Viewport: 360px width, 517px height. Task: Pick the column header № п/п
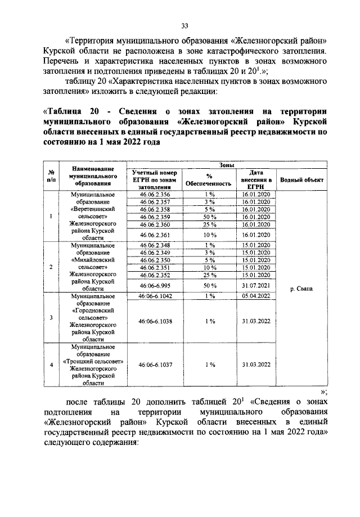point(52,176)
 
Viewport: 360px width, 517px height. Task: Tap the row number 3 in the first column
point(52,318)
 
